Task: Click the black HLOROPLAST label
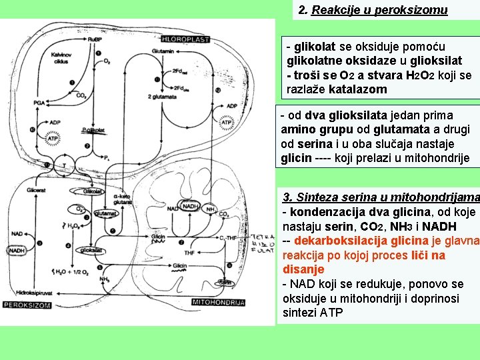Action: tap(185, 39)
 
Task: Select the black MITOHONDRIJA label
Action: tap(217, 302)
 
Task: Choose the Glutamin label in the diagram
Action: tap(162, 51)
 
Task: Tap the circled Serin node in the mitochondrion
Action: tap(226, 283)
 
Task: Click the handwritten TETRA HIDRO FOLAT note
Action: tap(261, 245)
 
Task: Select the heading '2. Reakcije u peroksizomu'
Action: tap(372, 10)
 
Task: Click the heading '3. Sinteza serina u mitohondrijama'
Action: tap(379, 197)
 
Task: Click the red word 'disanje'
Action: tap(303, 269)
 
